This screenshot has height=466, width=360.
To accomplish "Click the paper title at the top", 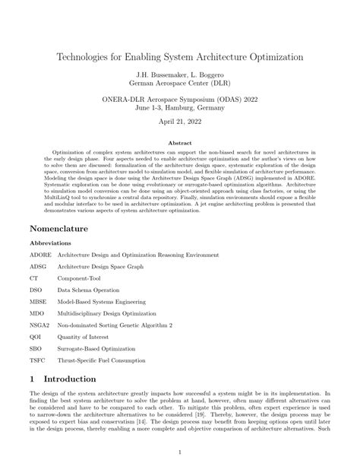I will tap(180, 57).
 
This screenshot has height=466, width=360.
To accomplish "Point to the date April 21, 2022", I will tap(180, 121).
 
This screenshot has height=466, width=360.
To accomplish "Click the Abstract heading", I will tap(180, 141).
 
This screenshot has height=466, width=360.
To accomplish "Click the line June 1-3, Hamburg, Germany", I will tap(180, 107).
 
